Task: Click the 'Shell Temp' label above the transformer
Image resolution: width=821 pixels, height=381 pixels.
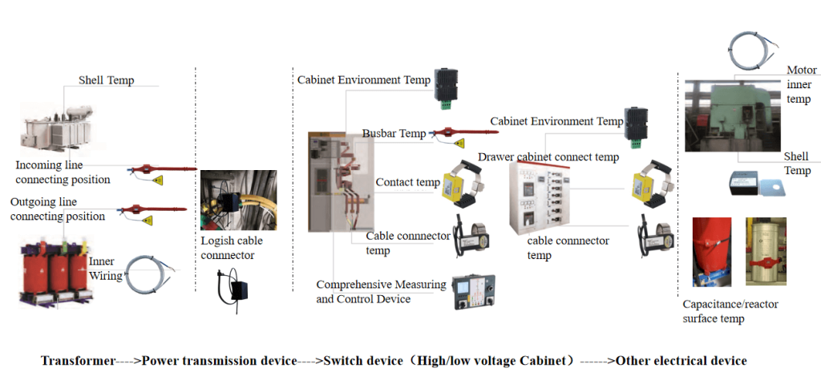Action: tap(106, 80)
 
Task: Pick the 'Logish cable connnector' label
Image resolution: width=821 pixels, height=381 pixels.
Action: tap(232, 248)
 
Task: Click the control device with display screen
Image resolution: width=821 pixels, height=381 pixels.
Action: tap(473, 292)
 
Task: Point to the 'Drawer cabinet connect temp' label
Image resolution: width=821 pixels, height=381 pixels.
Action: tap(548, 157)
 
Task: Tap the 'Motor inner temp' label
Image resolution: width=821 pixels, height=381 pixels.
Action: tap(801, 84)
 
